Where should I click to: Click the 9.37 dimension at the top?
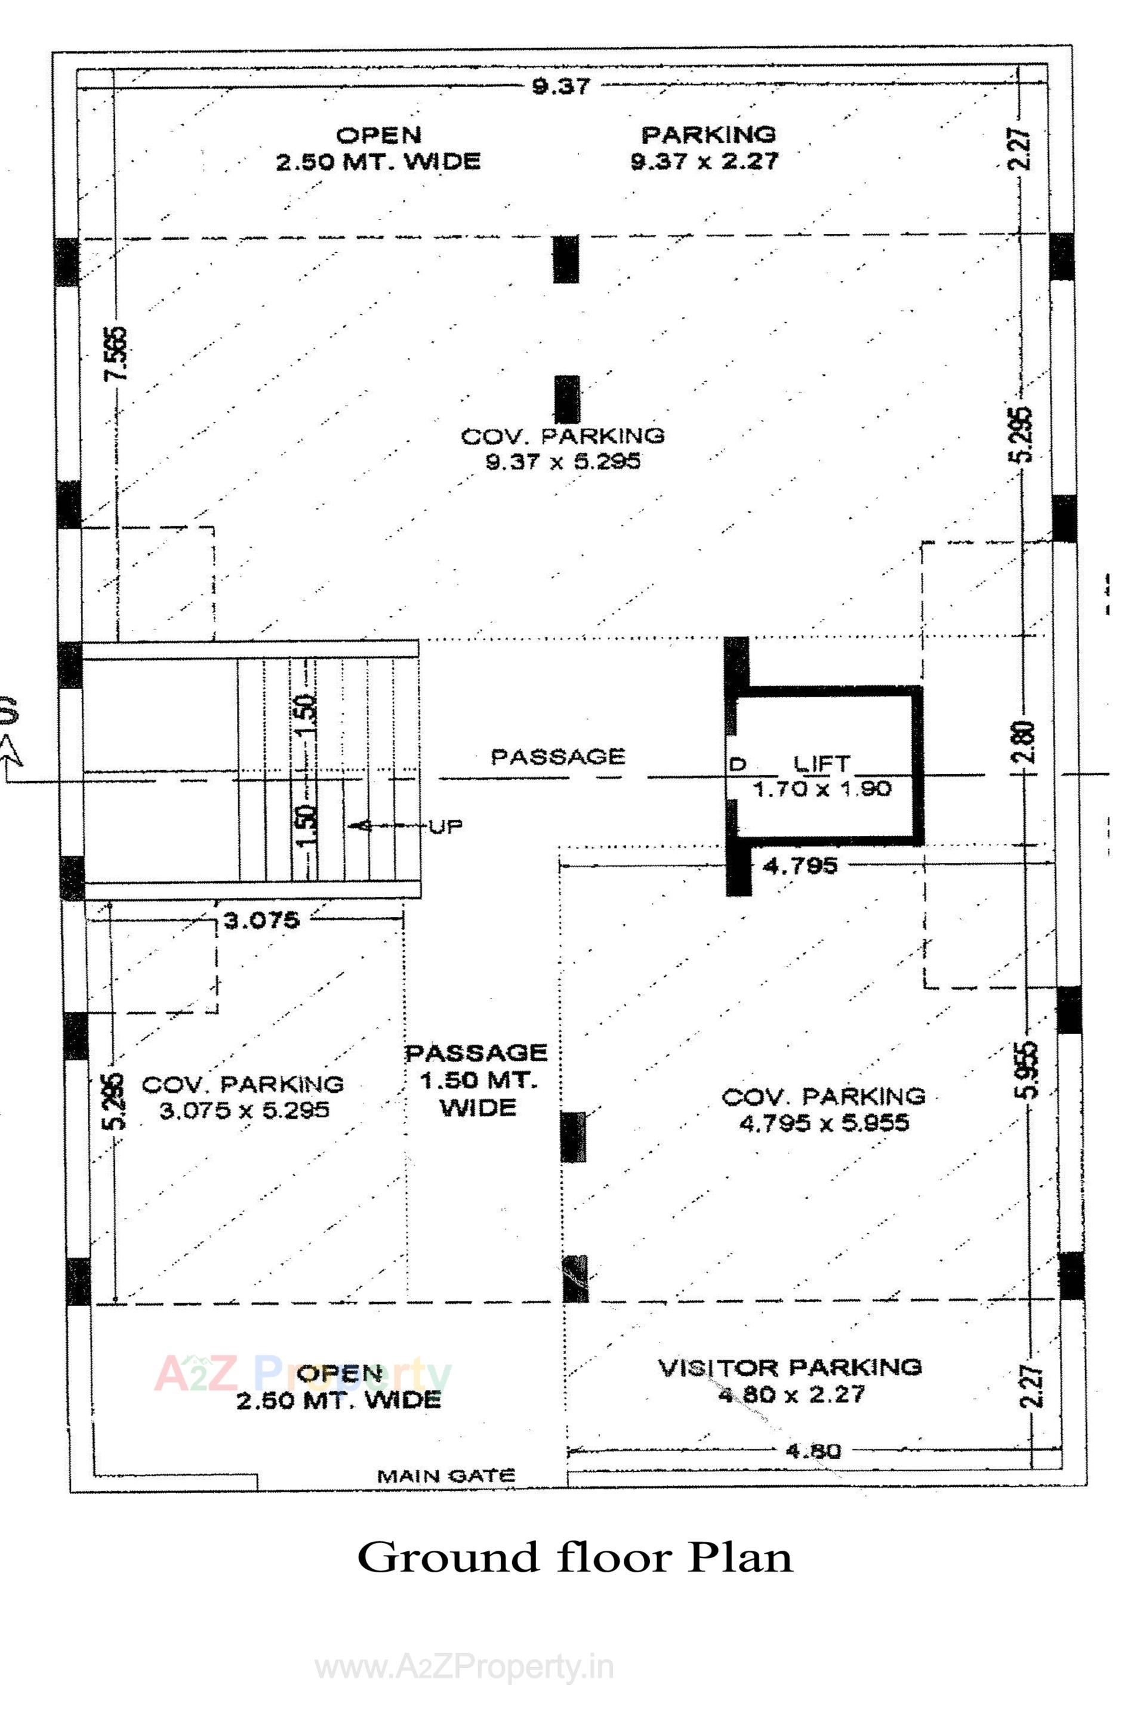click(560, 87)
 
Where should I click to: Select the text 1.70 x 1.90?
click(821, 789)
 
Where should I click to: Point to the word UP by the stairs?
click(446, 827)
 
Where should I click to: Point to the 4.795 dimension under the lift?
click(800, 866)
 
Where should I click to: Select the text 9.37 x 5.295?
click(563, 462)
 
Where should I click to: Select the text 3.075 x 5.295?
click(244, 1111)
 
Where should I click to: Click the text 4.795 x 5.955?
click(824, 1123)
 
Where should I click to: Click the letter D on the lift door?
click(737, 765)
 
